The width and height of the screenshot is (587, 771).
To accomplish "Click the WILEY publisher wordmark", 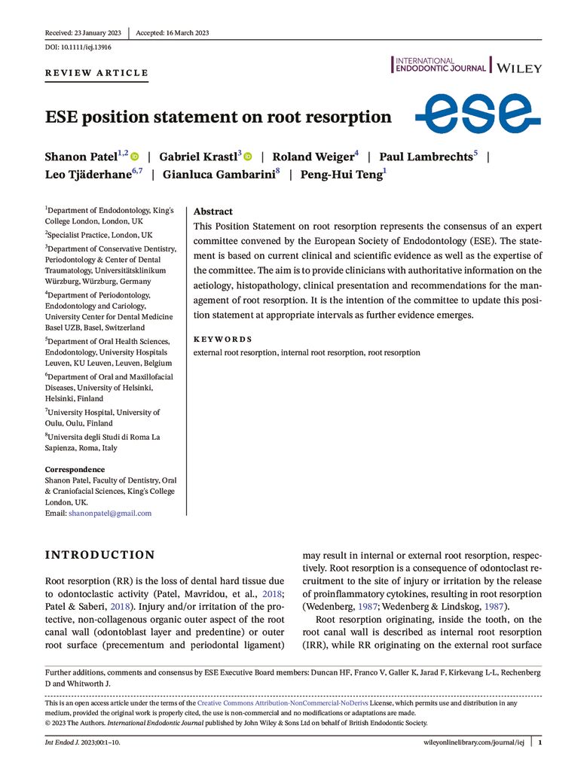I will click(x=518, y=67).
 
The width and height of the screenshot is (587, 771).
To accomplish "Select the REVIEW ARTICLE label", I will click(x=96, y=73).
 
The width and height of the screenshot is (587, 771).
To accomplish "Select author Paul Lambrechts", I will click(x=426, y=157).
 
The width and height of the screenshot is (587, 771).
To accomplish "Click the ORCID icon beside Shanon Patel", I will click(x=135, y=157).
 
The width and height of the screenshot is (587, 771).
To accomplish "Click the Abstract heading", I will click(x=213, y=212).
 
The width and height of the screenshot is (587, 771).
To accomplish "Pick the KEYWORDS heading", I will click(x=222, y=340).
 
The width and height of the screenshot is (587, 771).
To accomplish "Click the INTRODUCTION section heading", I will click(x=100, y=556).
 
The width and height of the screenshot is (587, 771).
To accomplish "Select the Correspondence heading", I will click(x=75, y=470).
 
